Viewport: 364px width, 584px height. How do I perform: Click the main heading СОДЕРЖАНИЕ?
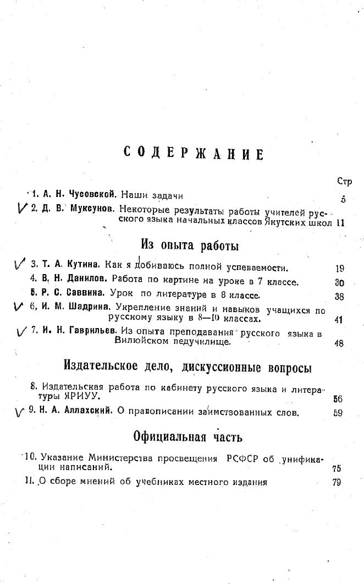point(193,154)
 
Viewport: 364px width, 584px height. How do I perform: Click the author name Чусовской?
point(93,194)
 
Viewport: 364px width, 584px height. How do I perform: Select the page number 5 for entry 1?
point(343,199)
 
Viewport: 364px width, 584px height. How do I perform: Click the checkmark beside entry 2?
point(23,208)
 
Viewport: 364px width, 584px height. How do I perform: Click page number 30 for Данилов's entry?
point(339,283)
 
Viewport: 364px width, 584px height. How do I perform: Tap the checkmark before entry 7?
point(23,331)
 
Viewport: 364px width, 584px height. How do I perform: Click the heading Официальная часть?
point(189,437)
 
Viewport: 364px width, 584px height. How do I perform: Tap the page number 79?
point(337,482)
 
